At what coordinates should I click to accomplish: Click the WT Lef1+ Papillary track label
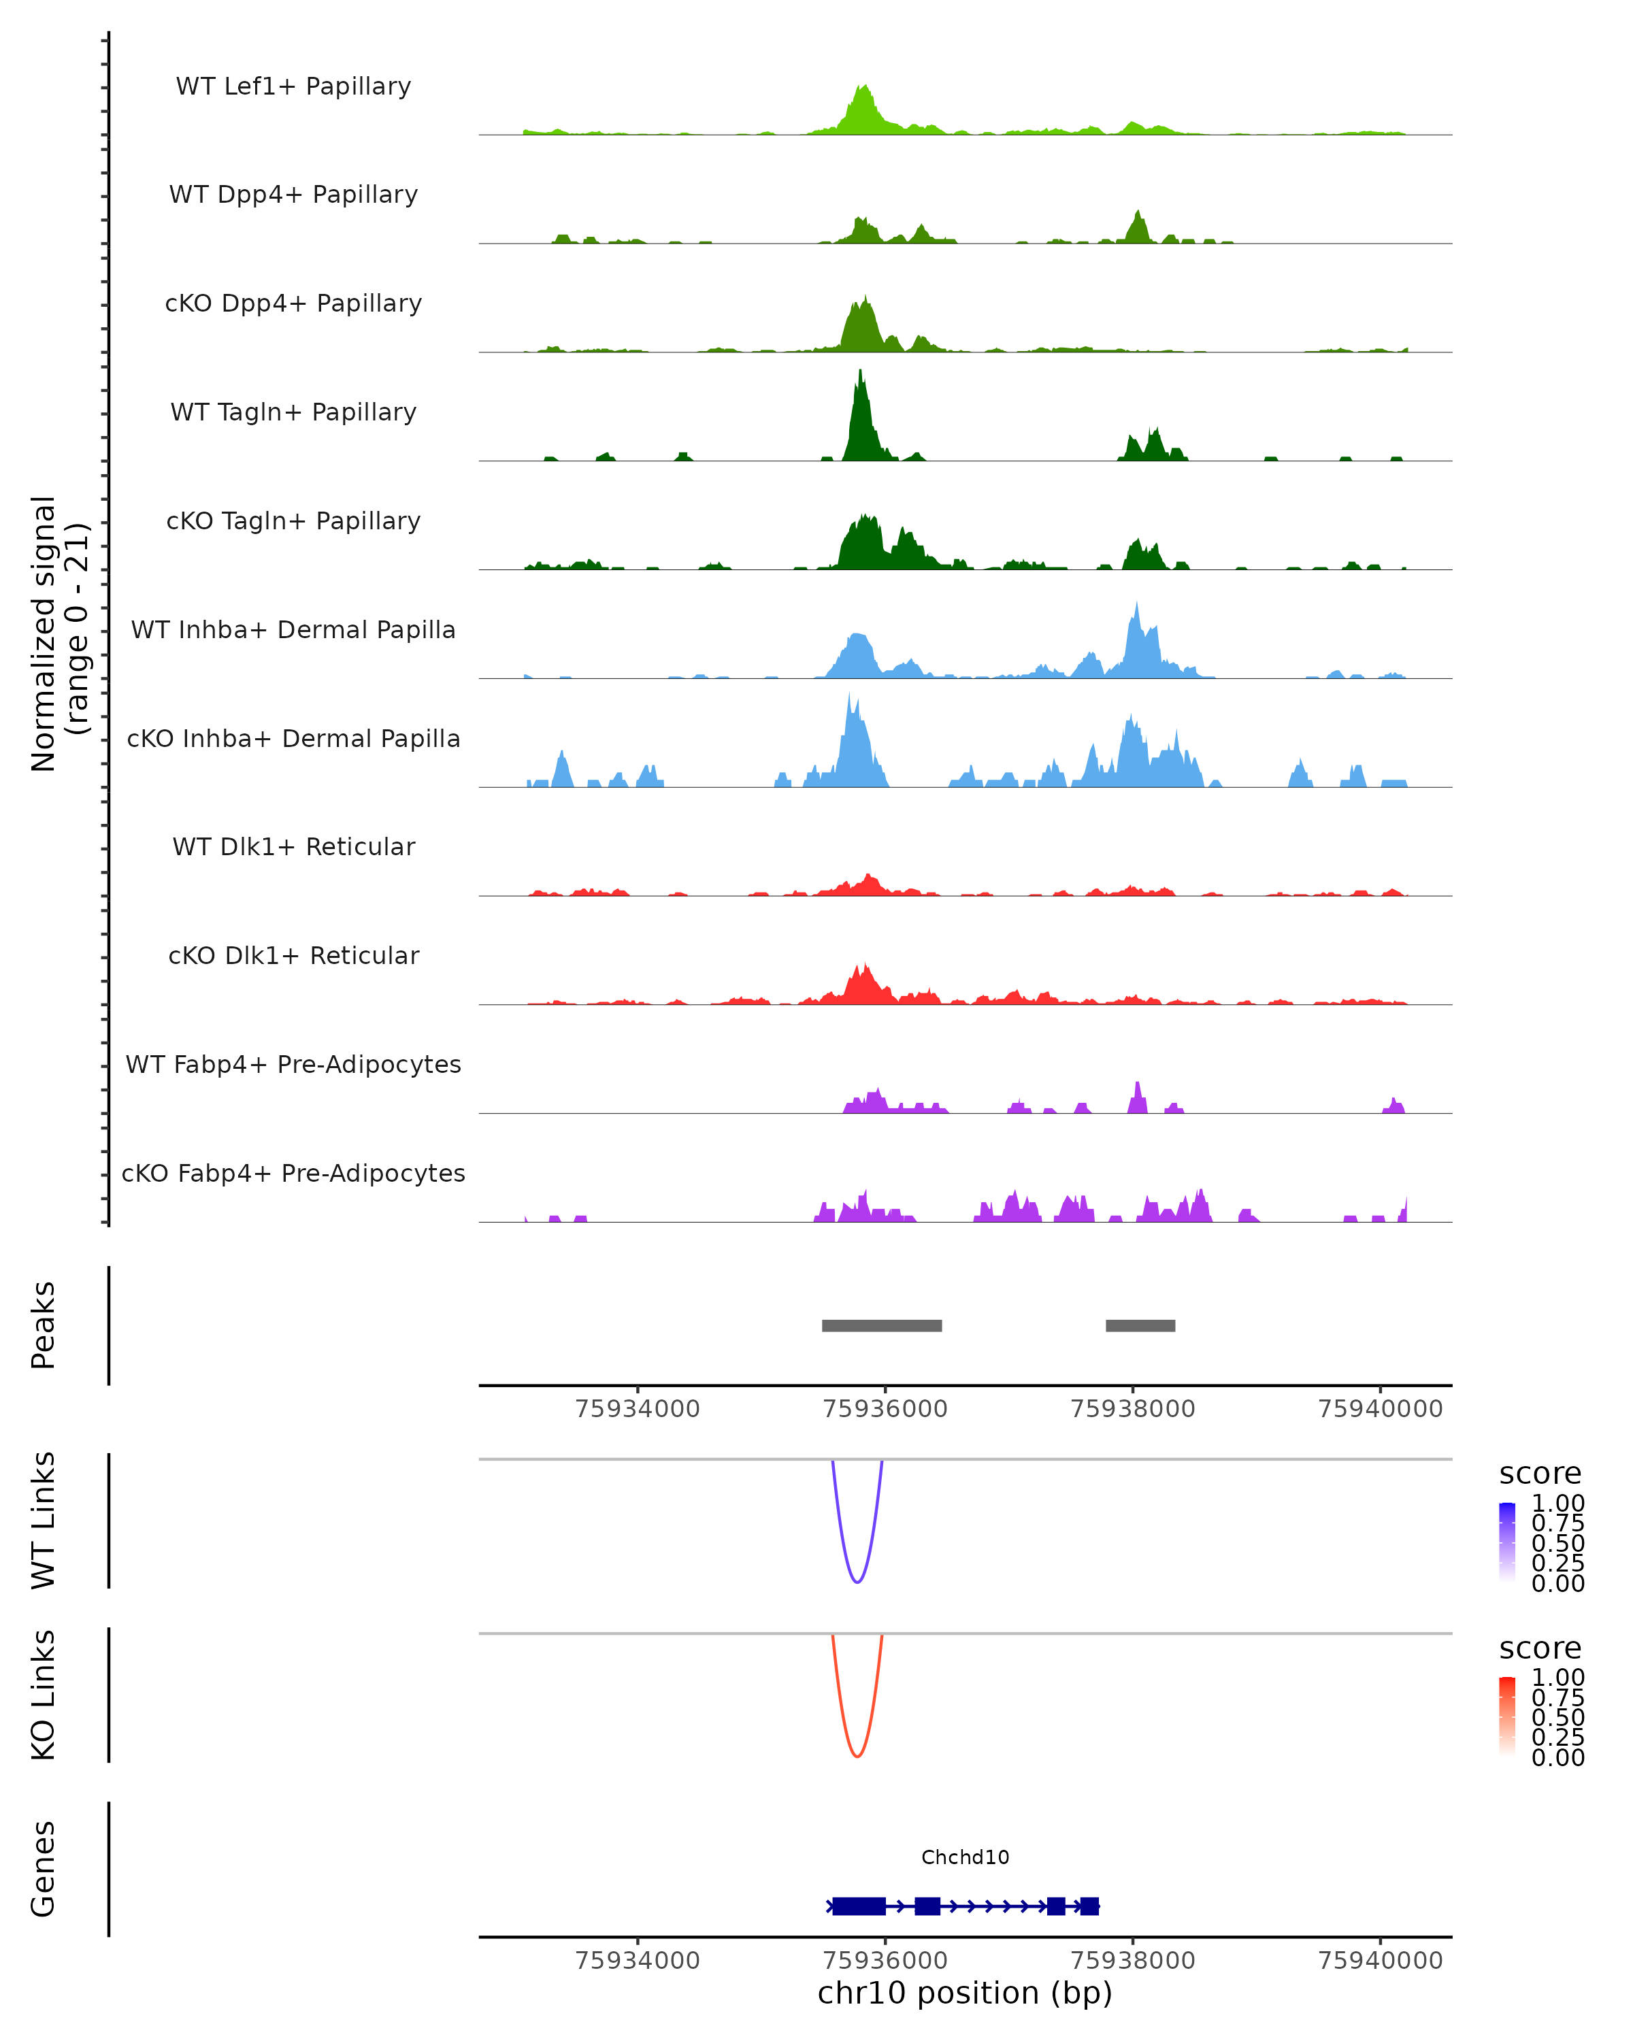tap(293, 86)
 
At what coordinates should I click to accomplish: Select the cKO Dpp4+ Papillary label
tap(293, 303)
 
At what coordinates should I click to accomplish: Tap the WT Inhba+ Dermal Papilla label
tap(293, 629)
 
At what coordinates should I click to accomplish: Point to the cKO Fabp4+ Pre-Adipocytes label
tap(293, 1173)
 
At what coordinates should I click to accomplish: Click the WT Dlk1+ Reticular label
tap(293, 846)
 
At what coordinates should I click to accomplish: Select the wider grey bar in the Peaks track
tap(881, 1325)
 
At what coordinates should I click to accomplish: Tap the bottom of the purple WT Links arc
tap(857, 1582)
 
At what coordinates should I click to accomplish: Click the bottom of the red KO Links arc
tap(857, 1756)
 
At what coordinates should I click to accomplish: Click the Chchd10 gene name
tap(965, 1857)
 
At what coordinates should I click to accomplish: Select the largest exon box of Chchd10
tap(859, 1906)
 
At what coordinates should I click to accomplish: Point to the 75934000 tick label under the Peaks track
tap(637, 1409)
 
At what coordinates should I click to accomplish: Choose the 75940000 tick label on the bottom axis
tap(1381, 1961)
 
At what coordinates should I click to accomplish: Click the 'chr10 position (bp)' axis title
tap(965, 1993)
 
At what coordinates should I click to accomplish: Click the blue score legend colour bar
tap(1507, 1540)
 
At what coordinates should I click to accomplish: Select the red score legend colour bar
tap(1507, 1714)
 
